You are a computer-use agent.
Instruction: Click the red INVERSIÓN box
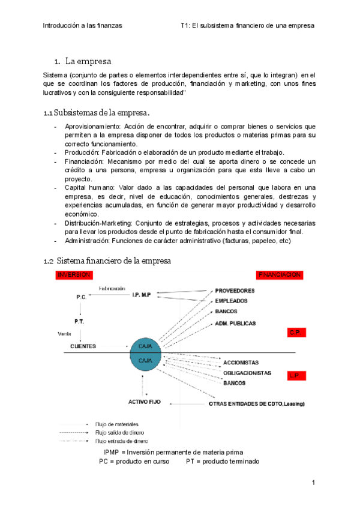point(74,274)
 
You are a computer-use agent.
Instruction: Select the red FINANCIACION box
point(280,274)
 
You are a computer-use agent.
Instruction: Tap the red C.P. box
point(296,333)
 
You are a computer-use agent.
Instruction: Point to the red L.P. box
point(296,376)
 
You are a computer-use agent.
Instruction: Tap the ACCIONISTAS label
point(241,363)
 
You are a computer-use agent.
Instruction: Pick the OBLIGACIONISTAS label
point(247,373)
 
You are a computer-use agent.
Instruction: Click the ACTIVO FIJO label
point(143,402)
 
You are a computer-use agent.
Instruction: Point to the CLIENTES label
point(83,346)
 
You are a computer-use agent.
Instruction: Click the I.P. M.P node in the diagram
point(142,294)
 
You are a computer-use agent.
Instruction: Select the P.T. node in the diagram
point(79,321)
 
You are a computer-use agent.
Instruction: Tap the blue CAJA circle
point(145,354)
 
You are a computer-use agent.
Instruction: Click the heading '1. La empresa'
point(88,61)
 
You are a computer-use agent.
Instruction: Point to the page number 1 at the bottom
point(313,483)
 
